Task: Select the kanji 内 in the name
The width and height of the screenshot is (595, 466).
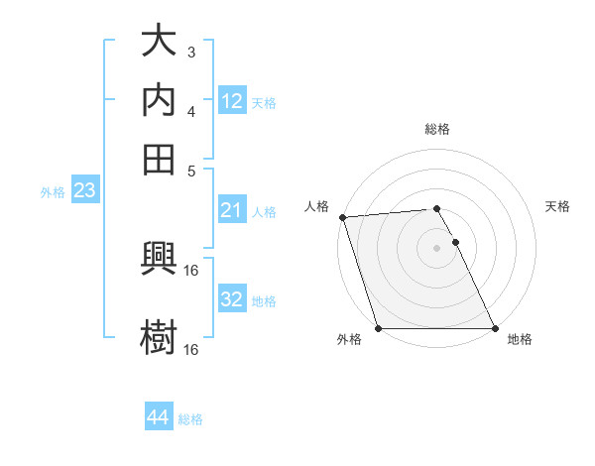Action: (x=159, y=99)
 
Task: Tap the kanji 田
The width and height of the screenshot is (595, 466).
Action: (x=159, y=157)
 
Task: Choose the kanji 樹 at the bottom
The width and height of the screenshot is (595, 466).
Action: (x=159, y=335)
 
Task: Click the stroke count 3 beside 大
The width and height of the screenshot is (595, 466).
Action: (x=191, y=52)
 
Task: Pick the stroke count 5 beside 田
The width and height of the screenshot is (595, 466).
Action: (x=192, y=170)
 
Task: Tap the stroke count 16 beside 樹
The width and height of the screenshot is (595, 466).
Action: (x=191, y=349)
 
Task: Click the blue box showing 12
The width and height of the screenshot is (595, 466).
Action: (x=232, y=101)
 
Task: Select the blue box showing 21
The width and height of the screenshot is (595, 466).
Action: (x=232, y=210)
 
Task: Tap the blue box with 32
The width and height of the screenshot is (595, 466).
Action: (x=232, y=299)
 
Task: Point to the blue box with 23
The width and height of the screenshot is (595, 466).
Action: (x=84, y=191)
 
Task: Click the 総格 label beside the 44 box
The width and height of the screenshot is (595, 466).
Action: (x=190, y=419)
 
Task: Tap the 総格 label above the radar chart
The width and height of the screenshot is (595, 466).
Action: (x=436, y=129)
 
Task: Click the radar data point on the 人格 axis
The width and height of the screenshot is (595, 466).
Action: (x=342, y=217)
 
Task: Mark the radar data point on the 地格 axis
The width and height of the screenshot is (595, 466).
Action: (x=495, y=328)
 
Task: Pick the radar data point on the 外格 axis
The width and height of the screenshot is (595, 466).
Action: (x=378, y=328)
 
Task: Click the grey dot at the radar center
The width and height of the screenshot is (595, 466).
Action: (x=436, y=248)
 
